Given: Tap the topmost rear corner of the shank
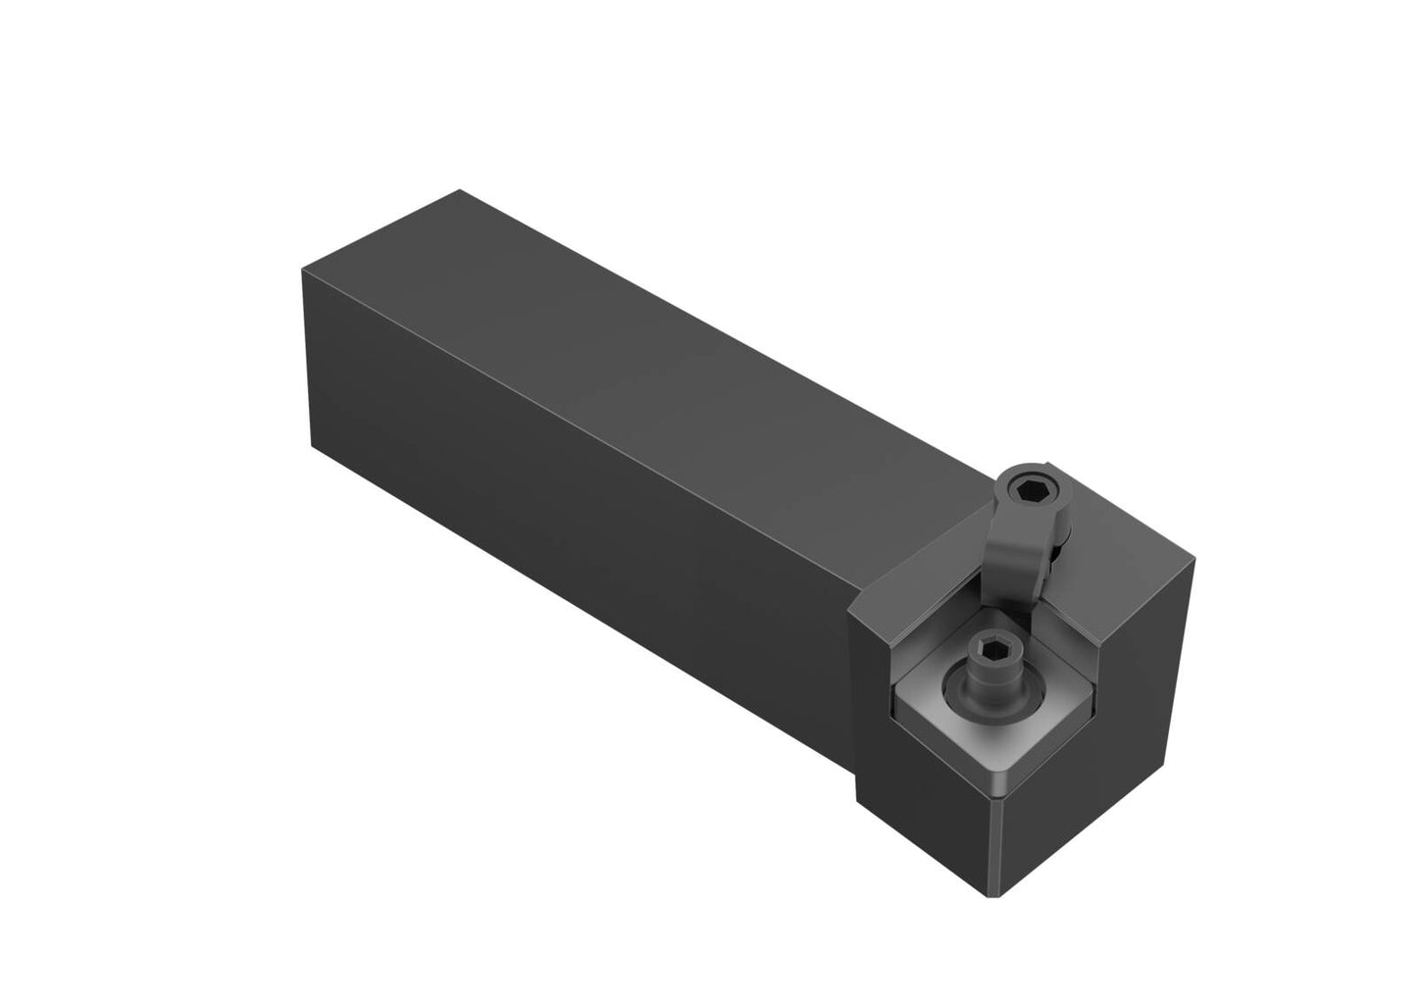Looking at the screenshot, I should [460, 190].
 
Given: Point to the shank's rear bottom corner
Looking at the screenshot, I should [313, 447].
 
